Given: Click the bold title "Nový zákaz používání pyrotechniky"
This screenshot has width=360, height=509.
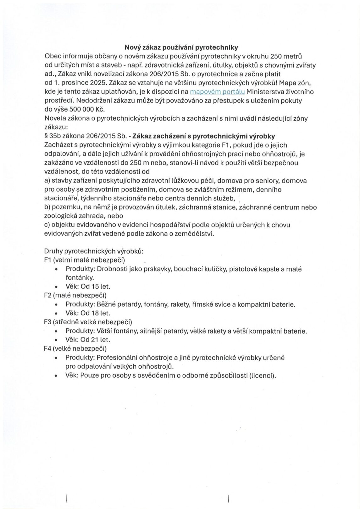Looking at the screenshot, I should click(x=181, y=47).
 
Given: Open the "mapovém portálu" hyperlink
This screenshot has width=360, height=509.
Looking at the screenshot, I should click(x=218, y=92).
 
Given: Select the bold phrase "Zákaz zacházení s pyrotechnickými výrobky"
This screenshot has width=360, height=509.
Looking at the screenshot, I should click(x=204, y=136).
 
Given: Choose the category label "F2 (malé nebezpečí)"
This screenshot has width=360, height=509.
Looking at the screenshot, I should click(x=75, y=295).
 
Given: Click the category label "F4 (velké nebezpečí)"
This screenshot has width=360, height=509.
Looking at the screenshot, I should click(x=75, y=348).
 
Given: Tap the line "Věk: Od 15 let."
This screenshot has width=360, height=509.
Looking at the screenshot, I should click(x=88, y=287).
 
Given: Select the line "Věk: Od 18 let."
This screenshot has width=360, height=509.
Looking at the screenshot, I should click(x=88, y=313).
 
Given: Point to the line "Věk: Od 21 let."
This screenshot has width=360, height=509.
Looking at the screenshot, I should click(x=88, y=340).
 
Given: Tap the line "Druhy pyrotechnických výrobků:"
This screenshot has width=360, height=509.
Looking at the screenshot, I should click(x=94, y=251).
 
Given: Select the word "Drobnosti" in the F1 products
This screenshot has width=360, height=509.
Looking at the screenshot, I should click(x=111, y=269).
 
